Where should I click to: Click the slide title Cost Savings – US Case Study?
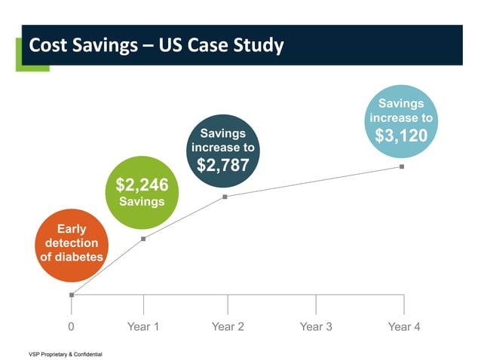point(156,46)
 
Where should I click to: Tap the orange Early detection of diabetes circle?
point(71,243)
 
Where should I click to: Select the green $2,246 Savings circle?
point(142,192)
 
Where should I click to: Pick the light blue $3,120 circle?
point(401,121)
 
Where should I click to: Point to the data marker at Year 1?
point(143,239)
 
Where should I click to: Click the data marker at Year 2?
point(225,197)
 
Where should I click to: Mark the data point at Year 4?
point(402,166)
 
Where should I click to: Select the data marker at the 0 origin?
point(72,294)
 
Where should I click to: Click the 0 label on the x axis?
point(72,327)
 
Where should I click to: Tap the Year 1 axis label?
point(143,327)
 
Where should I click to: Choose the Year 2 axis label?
point(228,327)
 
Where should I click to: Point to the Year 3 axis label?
point(316,327)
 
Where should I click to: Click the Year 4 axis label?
point(403,327)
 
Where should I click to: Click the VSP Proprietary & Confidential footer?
point(65,353)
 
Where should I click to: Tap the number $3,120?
point(401,136)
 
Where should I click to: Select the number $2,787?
point(222,165)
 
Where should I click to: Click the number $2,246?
point(142,185)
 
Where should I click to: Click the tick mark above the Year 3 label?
point(316,304)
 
